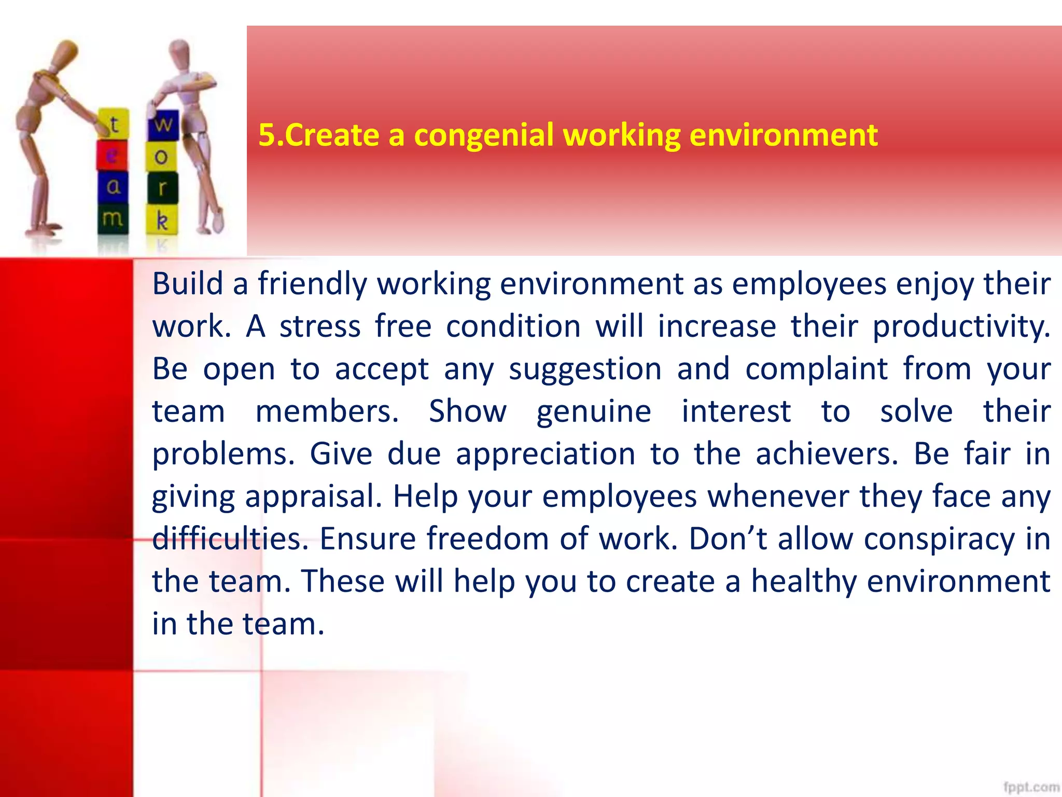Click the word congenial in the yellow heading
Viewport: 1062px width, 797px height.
483,136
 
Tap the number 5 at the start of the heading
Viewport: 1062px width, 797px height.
266,135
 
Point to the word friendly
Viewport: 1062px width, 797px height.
312,284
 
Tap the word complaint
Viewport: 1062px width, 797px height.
817,369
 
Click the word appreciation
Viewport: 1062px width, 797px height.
546,455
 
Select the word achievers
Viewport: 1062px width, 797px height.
827,455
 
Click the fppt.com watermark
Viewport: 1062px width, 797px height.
1031,787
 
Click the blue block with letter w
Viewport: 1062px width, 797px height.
163,125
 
